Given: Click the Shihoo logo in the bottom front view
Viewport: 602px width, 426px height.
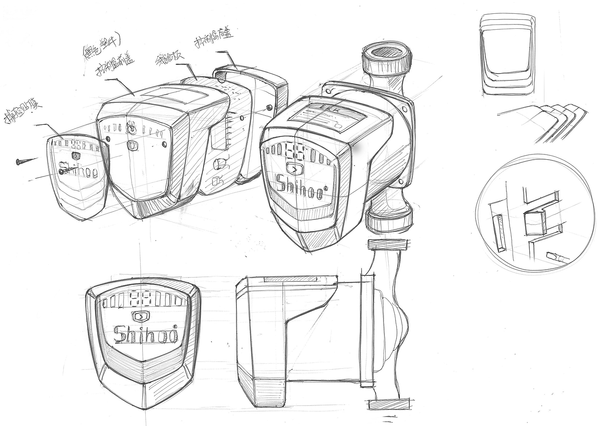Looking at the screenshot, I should (146, 333).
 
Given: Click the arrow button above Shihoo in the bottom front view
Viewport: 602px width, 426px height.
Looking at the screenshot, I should (141, 317).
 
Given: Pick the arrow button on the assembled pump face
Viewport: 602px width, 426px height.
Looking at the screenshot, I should (295, 169).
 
